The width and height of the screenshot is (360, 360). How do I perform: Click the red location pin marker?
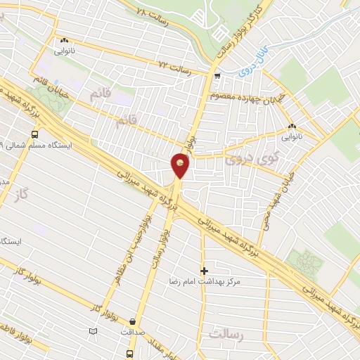click(180, 166)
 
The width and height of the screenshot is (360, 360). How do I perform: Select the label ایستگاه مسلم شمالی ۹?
click(37, 146)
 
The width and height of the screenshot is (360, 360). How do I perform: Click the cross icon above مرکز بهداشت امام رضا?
click(205, 270)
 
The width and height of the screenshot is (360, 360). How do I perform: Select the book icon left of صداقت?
click(93, 330)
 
